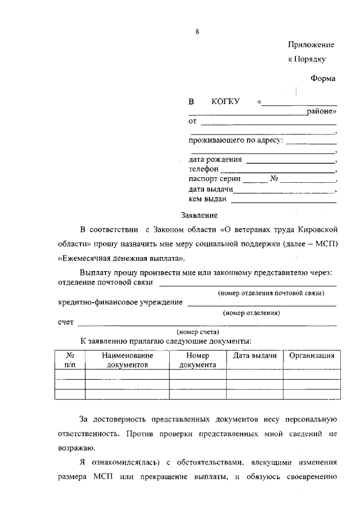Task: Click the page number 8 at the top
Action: coord(197,31)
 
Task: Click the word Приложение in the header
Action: coord(311,44)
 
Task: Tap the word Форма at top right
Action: coord(323,79)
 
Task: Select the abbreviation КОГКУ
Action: coord(226,102)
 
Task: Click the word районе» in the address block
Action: coord(322,112)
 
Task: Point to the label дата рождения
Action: coord(215,159)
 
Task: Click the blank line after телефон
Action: coord(277,169)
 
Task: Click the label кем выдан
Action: coord(208,199)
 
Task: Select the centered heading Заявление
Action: coord(199,215)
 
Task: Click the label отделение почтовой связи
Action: coord(100,282)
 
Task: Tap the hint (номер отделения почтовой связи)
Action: coord(271,293)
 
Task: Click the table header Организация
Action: coord(312,355)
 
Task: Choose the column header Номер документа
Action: coord(198,360)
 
